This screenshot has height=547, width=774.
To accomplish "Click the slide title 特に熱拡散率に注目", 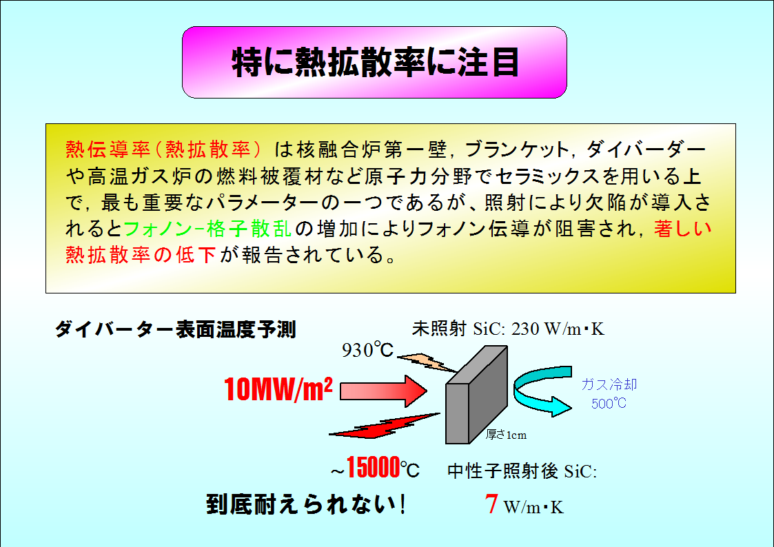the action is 375,63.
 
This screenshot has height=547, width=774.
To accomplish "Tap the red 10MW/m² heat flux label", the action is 278,389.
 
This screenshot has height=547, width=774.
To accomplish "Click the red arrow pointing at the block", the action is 383,391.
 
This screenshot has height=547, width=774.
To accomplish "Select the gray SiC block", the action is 476,395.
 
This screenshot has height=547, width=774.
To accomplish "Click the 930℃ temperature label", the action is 368,350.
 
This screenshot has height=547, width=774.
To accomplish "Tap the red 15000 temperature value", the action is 373,467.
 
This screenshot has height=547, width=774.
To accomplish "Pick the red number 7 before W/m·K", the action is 491,504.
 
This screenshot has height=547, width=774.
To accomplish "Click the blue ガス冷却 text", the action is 609,384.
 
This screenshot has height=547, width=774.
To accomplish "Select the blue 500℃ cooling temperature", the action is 609,404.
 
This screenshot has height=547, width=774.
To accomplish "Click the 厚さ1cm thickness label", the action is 506,435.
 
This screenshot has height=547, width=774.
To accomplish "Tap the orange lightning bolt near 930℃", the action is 427,362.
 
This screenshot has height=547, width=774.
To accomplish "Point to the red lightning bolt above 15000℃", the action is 384,426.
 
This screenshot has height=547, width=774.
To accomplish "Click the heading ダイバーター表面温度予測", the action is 175,329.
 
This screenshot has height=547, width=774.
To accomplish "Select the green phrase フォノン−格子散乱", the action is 207,229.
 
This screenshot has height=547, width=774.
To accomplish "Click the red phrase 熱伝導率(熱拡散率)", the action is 163,149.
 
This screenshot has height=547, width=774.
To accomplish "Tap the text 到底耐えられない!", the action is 306,504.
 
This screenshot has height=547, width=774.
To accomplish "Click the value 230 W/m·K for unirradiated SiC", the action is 558,329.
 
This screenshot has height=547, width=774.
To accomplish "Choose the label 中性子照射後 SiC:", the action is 522,471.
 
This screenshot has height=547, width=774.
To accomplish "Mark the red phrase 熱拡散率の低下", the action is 141,254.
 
